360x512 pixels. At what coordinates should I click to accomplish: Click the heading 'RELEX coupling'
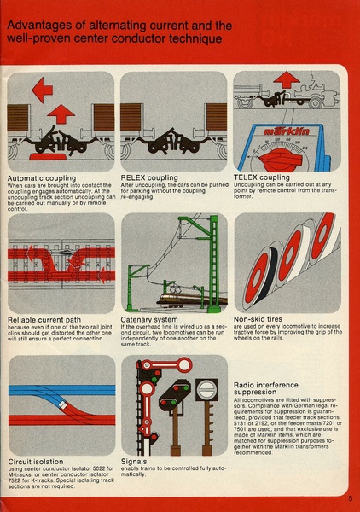pyautogui.click(x=152, y=177)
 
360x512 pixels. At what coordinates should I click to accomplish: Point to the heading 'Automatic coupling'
pyautogui.click(x=42, y=177)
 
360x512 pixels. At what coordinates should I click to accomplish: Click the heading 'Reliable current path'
pyautogui.click(x=48, y=318)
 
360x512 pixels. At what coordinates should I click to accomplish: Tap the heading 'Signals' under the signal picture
pyautogui.click(x=136, y=461)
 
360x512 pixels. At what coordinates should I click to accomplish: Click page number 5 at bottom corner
pyautogui.click(x=350, y=500)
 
